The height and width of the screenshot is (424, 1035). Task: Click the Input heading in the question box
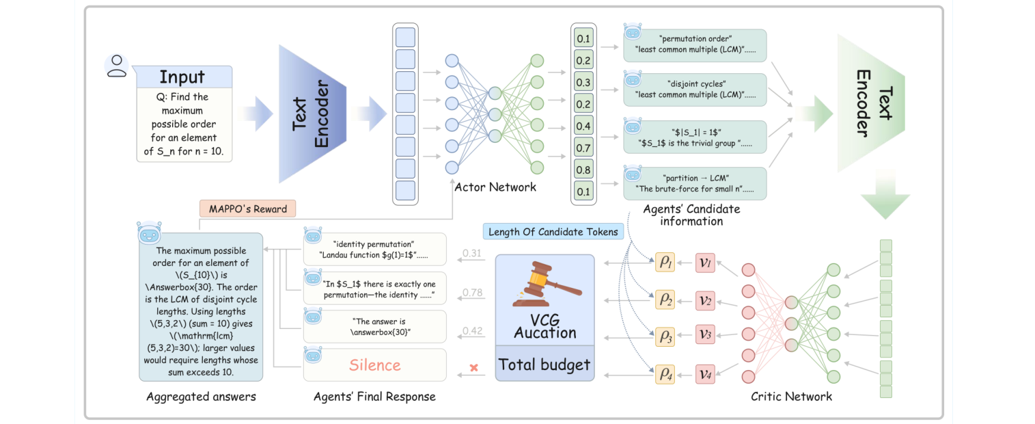[182, 77]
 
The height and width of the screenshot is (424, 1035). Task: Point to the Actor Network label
[495, 186]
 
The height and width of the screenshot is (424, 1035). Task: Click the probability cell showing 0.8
[583, 169]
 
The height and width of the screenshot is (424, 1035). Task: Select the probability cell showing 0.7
[583, 147]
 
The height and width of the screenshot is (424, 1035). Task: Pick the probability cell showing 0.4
[583, 126]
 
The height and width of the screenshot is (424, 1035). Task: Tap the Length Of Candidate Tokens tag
[553, 232]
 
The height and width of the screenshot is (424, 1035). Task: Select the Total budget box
[544, 365]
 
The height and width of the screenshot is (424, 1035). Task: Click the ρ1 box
[664, 262]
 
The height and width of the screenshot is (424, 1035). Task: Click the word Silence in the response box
[374, 365]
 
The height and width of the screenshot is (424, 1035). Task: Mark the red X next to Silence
[473, 368]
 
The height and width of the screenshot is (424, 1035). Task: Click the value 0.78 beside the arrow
[472, 293]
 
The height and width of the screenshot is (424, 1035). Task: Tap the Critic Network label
[791, 396]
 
